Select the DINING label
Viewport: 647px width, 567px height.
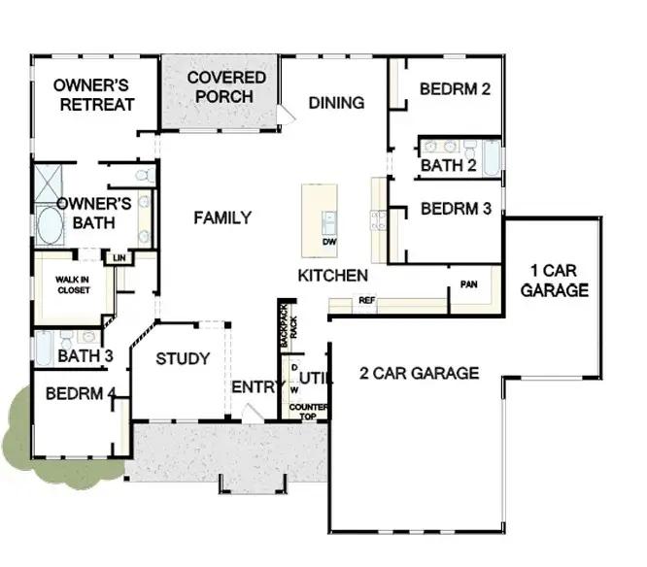click(336, 103)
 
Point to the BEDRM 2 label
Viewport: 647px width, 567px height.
click(455, 89)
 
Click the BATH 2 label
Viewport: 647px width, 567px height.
click(447, 167)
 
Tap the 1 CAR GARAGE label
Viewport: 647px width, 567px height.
click(554, 280)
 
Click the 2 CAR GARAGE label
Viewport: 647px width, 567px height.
click(419, 373)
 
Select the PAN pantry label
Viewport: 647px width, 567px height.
click(469, 284)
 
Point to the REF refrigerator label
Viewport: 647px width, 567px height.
click(366, 301)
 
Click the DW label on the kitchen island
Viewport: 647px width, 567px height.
click(328, 241)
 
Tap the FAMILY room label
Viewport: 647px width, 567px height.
click(222, 217)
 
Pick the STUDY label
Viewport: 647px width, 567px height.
click(183, 359)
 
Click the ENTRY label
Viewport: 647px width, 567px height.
click(255, 387)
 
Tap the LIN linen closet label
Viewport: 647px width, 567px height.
click(119, 257)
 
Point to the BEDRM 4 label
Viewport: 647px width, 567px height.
click(81, 394)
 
